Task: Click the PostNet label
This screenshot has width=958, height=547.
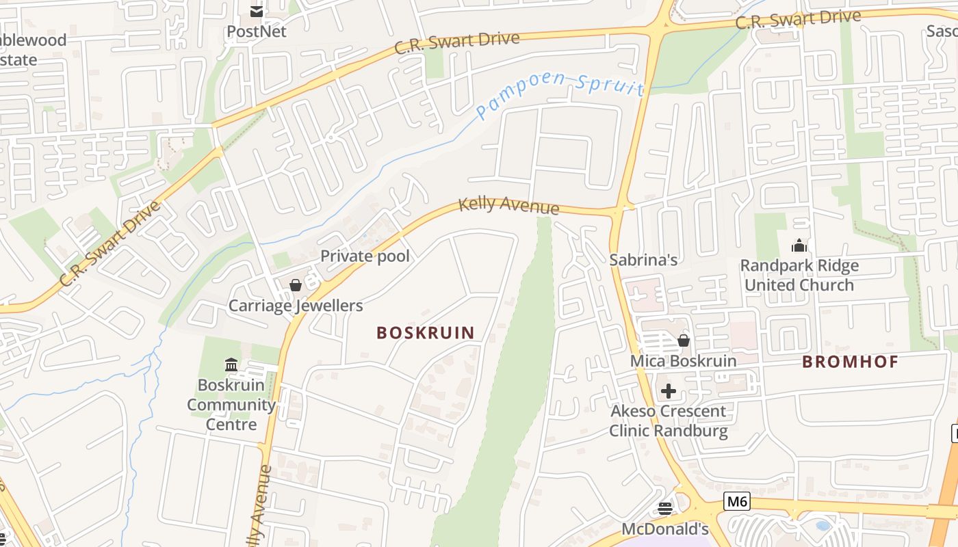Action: (x=257, y=31)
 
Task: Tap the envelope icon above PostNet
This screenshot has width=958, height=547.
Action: (x=257, y=11)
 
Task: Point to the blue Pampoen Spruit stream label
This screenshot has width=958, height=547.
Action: (x=560, y=94)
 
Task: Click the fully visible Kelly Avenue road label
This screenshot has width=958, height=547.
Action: (x=508, y=206)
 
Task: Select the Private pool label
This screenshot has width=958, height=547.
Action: (x=365, y=256)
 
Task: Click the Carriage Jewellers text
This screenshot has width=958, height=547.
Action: (x=296, y=305)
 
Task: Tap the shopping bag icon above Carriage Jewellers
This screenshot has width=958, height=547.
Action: (x=296, y=284)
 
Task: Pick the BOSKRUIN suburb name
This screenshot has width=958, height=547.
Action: (x=426, y=333)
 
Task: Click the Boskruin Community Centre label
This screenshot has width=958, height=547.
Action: (x=231, y=404)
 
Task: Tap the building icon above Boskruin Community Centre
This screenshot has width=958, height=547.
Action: (x=231, y=365)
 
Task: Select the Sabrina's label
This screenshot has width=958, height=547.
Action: (x=643, y=259)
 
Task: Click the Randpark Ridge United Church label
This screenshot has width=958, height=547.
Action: (x=799, y=275)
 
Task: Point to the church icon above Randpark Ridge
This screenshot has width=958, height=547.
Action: (x=799, y=245)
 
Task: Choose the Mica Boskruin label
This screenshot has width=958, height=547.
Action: (x=683, y=360)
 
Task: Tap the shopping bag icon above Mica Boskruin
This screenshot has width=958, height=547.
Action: (x=683, y=340)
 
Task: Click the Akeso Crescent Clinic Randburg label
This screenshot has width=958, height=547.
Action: (x=669, y=421)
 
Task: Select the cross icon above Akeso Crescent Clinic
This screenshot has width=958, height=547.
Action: (x=669, y=391)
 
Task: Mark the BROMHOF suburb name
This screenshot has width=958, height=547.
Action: (x=850, y=362)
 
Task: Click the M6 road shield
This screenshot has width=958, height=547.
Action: (x=737, y=501)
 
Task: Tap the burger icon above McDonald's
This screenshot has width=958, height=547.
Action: (x=665, y=508)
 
